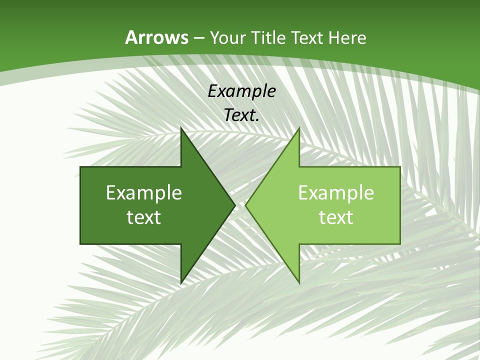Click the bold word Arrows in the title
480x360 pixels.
[x=156, y=37]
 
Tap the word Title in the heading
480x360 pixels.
[x=268, y=37]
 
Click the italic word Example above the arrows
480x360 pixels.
[x=241, y=91]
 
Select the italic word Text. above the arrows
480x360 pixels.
[x=241, y=115]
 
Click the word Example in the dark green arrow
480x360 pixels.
[x=144, y=192]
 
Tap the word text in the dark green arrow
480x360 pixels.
[x=144, y=217]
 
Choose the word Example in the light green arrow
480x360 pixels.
[x=336, y=192]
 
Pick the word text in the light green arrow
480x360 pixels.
[x=336, y=217]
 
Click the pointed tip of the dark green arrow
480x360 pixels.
[x=235, y=205]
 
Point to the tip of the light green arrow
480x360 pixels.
[x=245, y=205]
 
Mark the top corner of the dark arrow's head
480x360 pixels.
[x=181, y=128]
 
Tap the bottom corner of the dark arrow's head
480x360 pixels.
[x=181, y=283]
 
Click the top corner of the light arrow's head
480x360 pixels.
[x=299, y=128]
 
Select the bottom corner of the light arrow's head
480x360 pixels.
[x=299, y=283]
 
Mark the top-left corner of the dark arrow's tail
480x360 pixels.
[x=80, y=167]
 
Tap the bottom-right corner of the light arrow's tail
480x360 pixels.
[x=400, y=243]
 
